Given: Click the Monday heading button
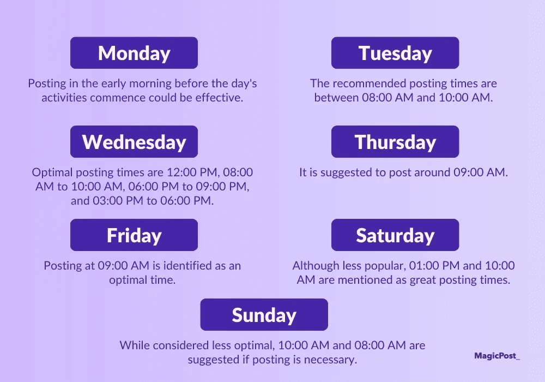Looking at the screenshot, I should tap(134, 53).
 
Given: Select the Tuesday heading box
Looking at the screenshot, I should tap(395, 53).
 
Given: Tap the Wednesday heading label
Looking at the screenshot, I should tap(134, 142).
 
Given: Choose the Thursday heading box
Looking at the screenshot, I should tap(395, 142).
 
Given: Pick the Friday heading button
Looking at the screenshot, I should tap(134, 235).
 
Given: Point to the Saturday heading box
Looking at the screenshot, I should tap(395, 235).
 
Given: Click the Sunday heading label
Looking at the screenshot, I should tap(264, 315).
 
